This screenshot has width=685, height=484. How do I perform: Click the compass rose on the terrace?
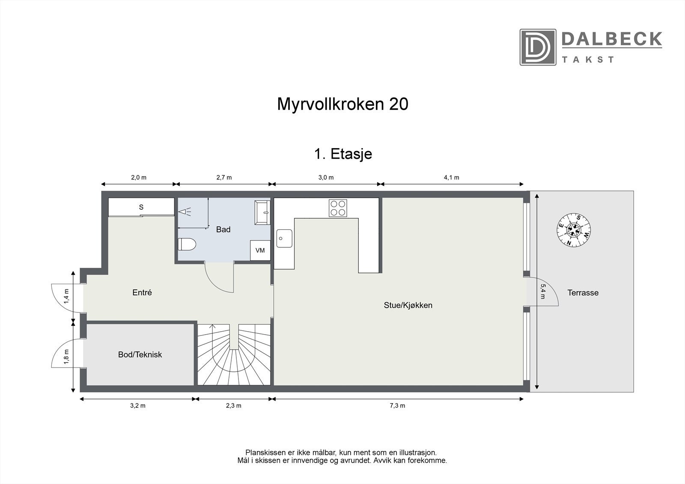pyautogui.click(x=574, y=230)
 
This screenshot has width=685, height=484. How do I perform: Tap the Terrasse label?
pyautogui.click(x=583, y=293)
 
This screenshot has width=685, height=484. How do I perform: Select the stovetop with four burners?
pyautogui.click(x=337, y=208)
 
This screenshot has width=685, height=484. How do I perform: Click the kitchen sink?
pyautogui.click(x=284, y=238)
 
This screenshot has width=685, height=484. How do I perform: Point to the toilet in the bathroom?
pyautogui.click(x=187, y=244)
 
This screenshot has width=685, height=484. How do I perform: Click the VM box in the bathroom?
pyautogui.click(x=260, y=250)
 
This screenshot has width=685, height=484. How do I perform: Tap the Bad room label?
pyautogui.click(x=223, y=230)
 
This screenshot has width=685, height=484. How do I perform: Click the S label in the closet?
pyautogui.click(x=141, y=208)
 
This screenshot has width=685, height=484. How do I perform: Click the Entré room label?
pyautogui.click(x=142, y=293)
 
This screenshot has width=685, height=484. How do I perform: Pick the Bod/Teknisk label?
pyautogui.click(x=140, y=355)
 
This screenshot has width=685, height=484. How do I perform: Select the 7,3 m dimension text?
pyautogui.click(x=397, y=406)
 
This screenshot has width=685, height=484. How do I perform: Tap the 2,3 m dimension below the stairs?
pyautogui.click(x=234, y=406)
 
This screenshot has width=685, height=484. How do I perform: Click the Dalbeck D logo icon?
pyautogui.click(x=538, y=47)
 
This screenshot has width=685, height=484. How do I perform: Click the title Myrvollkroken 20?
pyautogui.click(x=342, y=104)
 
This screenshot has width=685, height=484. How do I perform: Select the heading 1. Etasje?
pyautogui.click(x=342, y=154)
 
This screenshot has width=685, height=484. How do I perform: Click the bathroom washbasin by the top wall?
pyautogui.click(x=262, y=212)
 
